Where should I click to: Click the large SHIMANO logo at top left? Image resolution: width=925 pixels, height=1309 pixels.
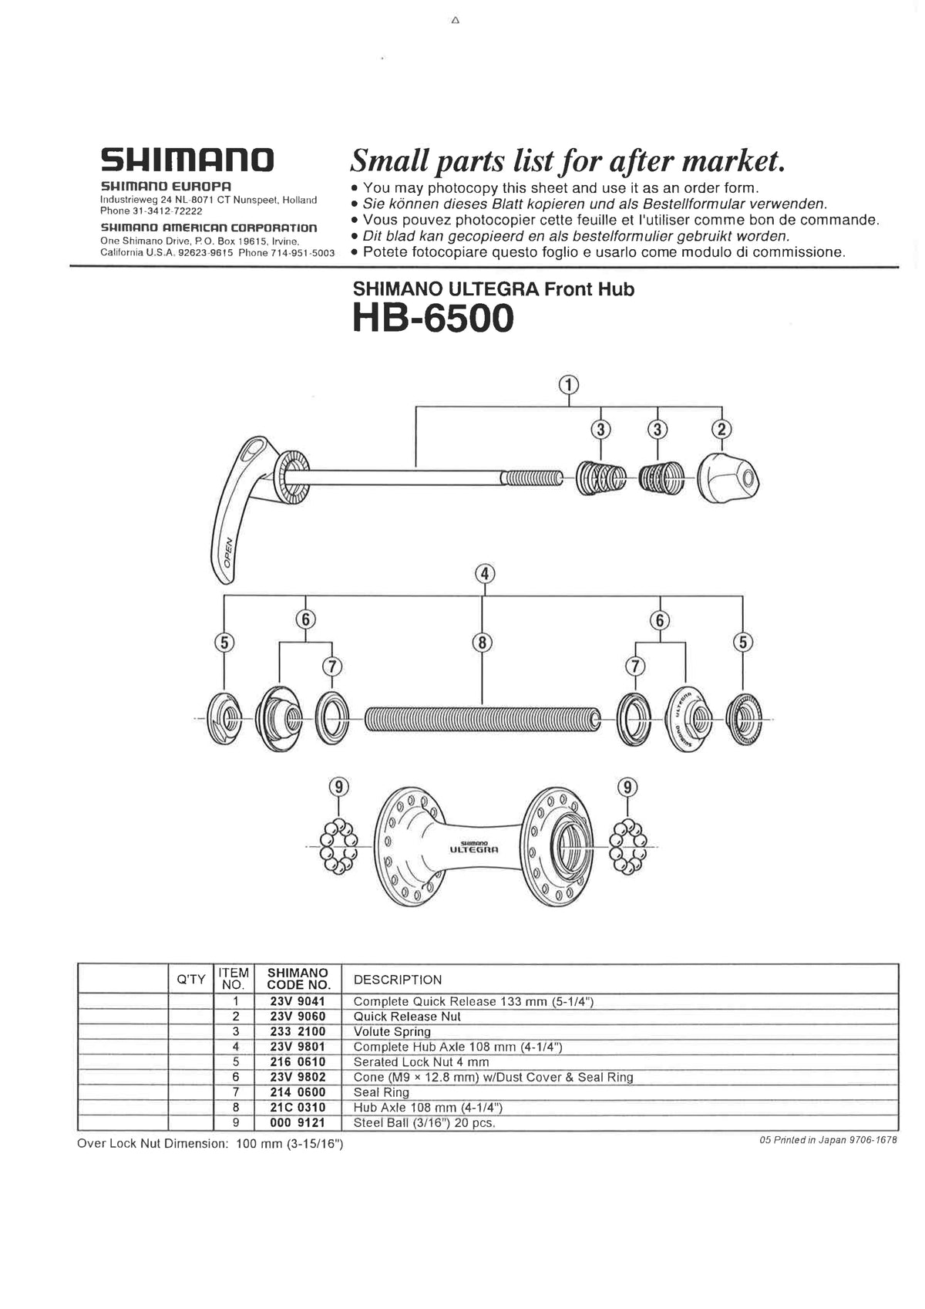[x=187, y=160]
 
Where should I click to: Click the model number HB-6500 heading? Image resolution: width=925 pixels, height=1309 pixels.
[x=432, y=318]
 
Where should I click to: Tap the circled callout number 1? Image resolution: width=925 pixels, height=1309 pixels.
[x=569, y=384]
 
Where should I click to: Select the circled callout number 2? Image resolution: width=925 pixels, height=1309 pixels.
[x=722, y=430]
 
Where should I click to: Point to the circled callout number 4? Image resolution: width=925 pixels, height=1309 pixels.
[x=484, y=574]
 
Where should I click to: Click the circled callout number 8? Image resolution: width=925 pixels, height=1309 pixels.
[x=483, y=642]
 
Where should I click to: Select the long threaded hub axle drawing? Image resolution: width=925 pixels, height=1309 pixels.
[x=483, y=720]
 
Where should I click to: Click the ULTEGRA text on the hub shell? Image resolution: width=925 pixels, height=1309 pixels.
[x=474, y=849]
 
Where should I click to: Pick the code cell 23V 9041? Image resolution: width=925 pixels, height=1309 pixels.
[x=298, y=1001]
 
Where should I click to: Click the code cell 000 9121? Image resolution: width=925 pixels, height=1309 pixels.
[x=298, y=1122]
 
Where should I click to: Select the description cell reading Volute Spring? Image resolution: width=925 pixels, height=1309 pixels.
[x=392, y=1031]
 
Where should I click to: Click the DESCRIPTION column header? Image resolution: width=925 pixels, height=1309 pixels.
[x=397, y=980]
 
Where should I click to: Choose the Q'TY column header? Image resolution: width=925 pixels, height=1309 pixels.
[x=190, y=980]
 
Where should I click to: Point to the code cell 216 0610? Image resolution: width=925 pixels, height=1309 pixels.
[x=298, y=1062]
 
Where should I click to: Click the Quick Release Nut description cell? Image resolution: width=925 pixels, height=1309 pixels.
[x=406, y=1017]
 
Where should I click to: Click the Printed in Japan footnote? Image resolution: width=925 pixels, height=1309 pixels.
[x=828, y=1140]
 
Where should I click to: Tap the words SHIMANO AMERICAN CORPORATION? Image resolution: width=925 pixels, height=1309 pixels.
[x=209, y=228]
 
